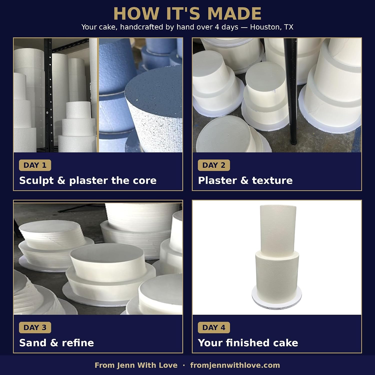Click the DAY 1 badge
point(35,165)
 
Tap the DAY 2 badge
point(214,165)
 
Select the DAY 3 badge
point(35,327)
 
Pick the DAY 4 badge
point(214,327)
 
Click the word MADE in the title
point(234,13)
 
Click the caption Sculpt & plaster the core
point(88,180)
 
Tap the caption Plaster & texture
point(245,180)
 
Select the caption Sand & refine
point(56,343)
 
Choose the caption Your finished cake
point(248,343)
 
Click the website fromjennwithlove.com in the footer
point(235,365)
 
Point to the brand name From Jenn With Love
point(136,365)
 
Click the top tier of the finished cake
point(278,229)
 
